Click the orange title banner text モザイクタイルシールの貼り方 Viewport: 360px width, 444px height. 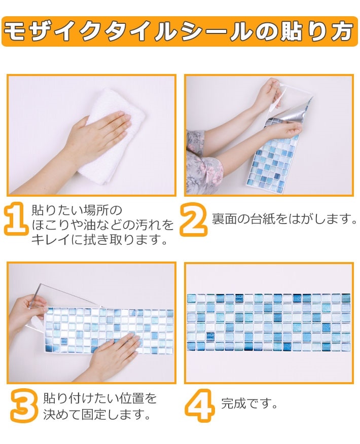click(x=179, y=31)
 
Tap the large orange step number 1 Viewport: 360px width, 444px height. click(x=16, y=219)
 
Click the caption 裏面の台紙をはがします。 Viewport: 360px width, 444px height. click(x=284, y=219)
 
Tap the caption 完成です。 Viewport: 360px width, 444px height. click(x=249, y=404)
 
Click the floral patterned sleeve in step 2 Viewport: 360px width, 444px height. click(x=203, y=162)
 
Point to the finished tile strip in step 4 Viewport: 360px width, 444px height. click(x=268, y=322)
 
